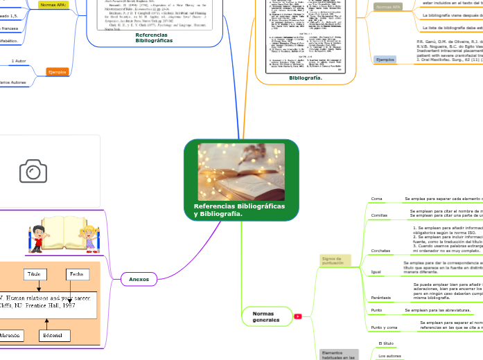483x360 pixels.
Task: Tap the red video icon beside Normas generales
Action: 298,316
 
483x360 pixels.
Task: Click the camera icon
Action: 33,171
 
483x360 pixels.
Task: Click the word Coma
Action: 377,199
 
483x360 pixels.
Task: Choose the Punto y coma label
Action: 384,327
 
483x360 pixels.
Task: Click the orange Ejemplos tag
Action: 56,71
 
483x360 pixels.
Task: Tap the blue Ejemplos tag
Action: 385,60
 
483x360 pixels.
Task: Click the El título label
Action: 387,343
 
